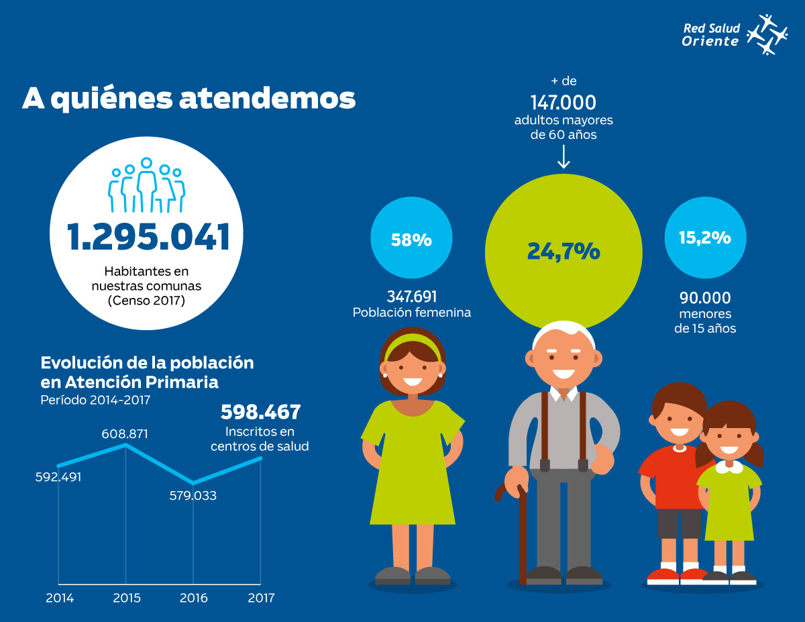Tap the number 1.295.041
tap(148, 237)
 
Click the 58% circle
tap(411, 240)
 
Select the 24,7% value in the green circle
tap(563, 251)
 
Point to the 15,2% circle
tap(704, 238)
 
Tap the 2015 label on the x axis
tap(127, 598)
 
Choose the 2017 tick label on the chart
tap(261, 598)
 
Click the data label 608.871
tap(125, 434)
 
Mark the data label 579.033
tap(193, 497)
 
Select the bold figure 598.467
tap(261, 412)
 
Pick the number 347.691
tap(412, 297)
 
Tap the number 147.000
tap(563, 103)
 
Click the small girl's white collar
tap(729, 466)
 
